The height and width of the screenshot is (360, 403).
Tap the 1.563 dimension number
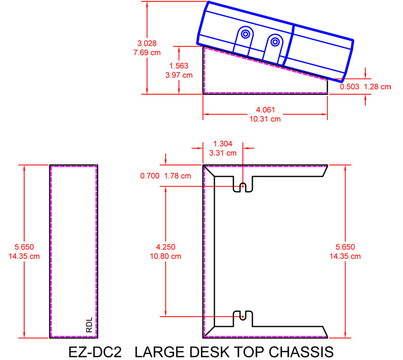pyautogui.click(x=179, y=66)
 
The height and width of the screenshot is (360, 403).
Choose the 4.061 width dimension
pyautogui.click(x=266, y=110)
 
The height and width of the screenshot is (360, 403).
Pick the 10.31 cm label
pyautogui.click(x=266, y=119)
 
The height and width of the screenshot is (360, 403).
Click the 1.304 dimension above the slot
pyautogui.click(x=224, y=143)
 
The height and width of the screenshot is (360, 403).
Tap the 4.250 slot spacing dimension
pyautogui.click(x=166, y=247)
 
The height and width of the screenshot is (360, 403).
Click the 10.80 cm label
pyautogui.click(x=166, y=256)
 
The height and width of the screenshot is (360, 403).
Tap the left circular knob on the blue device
pyautogui.click(x=245, y=34)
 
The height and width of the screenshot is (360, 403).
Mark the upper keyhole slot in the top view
pyautogui.click(x=242, y=187)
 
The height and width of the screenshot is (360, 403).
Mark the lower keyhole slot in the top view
pyautogui.click(x=242, y=316)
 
